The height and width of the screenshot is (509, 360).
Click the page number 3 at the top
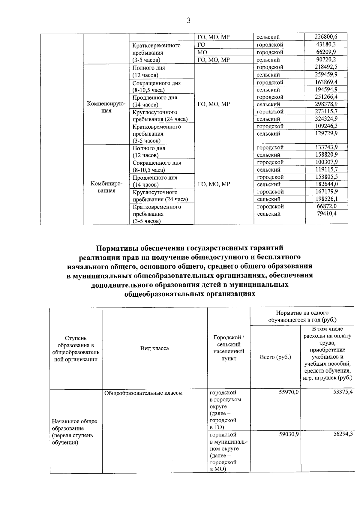pos(188,21)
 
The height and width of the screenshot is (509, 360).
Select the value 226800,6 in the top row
pos(326,37)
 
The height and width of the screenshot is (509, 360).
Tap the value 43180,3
pos(326,44)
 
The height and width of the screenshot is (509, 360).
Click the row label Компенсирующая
pos(106,107)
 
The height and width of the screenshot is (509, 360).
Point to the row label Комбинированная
pos(106,187)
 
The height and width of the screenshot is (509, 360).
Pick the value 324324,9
pos(326,119)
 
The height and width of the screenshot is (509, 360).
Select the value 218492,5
pos(326,67)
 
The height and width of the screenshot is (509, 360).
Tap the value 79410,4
pos(327,214)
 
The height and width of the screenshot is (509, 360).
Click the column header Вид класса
pos(154,348)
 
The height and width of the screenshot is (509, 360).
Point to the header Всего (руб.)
pos(275,357)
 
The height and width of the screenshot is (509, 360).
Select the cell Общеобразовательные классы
pos(143,393)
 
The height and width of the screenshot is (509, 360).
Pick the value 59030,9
pos(289,435)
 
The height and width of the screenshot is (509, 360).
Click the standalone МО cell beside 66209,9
pos(202,52)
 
